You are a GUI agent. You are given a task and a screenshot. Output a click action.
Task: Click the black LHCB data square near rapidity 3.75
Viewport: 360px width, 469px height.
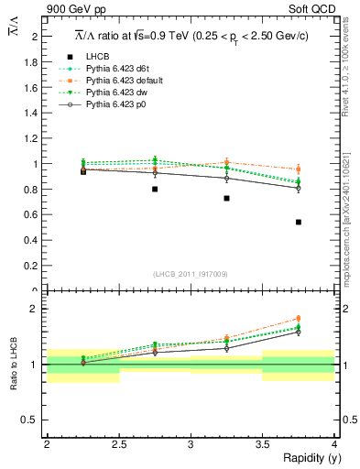pyautogui.click(x=299, y=223)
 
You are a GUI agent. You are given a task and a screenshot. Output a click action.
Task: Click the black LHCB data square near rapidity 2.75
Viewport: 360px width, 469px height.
pyautogui.click(x=155, y=189)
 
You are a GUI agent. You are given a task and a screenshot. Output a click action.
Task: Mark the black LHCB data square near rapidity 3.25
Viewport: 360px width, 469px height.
pyautogui.click(x=226, y=198)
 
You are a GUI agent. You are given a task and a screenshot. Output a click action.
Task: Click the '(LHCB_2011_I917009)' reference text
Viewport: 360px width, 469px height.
pyautogui.click(x=191, y=273)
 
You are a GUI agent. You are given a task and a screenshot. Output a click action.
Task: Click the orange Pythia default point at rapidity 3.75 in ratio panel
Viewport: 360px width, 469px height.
pyautogui.click(x=299, y=320)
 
